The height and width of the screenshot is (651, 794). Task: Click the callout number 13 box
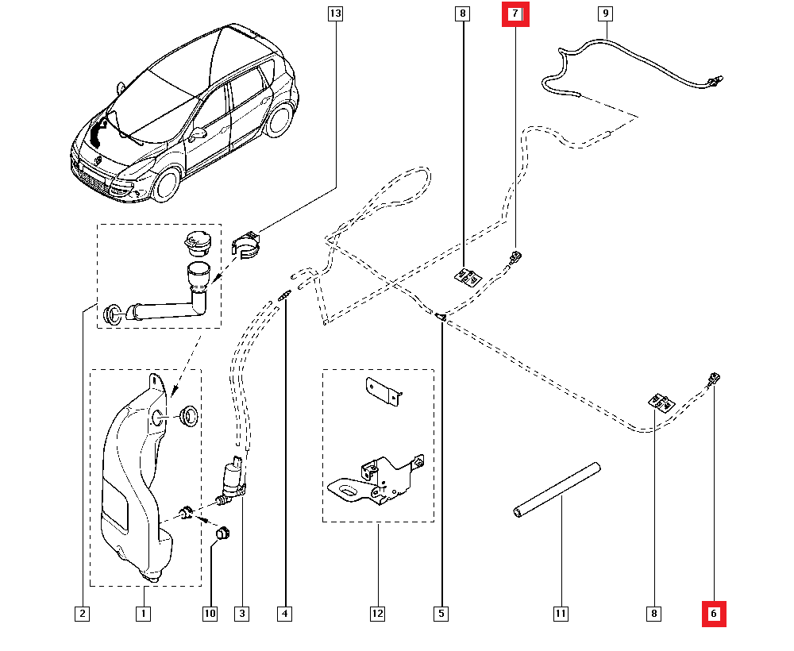(x=335, y=13)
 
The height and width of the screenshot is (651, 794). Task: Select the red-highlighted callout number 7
(x=515, y=13)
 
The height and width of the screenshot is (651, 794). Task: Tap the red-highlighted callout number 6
(x=713, y=613)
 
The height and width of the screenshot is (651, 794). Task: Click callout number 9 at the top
(x=605, y=13)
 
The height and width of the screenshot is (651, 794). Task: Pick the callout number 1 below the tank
(x=144, y=613)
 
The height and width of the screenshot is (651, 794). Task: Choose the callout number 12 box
(x=377, y=613)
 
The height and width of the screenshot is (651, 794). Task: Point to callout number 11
(x=561, y=613)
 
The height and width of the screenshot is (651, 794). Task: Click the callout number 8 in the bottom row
(x=653, y=613)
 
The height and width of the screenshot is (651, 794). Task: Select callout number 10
(x=210, y=613)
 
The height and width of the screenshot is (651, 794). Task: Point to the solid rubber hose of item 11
(x=556, y=491)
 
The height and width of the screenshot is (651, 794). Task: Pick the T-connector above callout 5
(x=441, y=318)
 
